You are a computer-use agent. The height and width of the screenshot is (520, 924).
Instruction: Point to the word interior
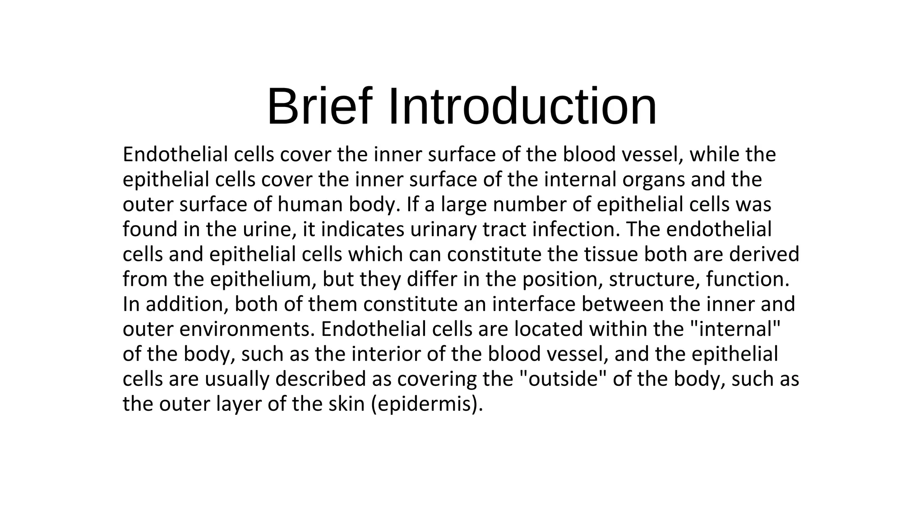pos(386,354)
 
